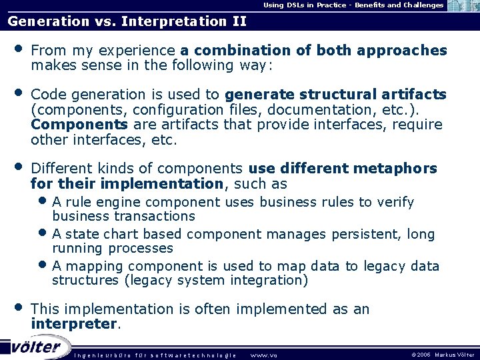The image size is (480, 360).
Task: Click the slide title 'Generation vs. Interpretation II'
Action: tap(127, 21)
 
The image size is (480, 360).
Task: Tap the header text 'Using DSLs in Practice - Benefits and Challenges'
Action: tap(353, 5)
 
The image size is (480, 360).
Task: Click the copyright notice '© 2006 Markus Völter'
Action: tap(443, 355)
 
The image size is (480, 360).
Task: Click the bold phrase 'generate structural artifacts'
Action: tap(335, 94)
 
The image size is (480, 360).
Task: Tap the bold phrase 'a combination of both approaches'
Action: tap(313, 51)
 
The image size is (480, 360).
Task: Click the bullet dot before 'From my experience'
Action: tap(18, 49)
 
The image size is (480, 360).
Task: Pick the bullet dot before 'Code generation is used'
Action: tap(18, 93)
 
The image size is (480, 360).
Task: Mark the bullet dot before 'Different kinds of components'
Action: tap(18, 167)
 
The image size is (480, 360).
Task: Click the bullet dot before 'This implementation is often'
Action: tap(18, 307)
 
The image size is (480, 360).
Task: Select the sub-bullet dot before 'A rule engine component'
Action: tap(43, 200)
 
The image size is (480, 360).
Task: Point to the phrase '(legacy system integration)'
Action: tap(216, 281)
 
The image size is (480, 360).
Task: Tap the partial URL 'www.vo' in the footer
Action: tap(263, 355)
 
